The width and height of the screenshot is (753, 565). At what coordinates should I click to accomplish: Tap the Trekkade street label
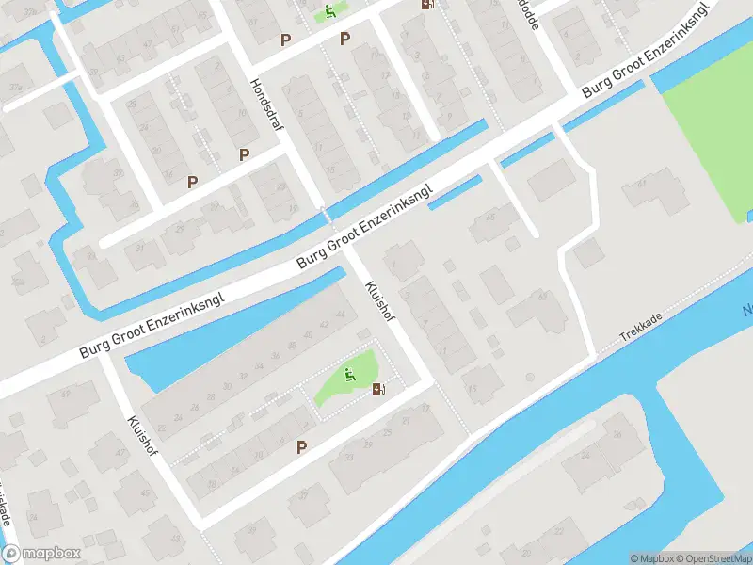pyautogui.click(x=642, y=327)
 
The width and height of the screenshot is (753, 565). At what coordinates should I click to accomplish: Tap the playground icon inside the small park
pyautogui.click(x=350, y=376)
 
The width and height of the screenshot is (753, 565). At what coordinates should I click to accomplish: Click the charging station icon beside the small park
pyautogui.click(x=379, y=390)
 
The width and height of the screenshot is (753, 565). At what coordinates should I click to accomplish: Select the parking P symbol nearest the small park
pyautogui.click(x=302, y=447)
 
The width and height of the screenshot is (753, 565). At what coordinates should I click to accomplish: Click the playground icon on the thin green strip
pyautogui.click(x=329, y=12)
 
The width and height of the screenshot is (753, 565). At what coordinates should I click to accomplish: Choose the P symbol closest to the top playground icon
pyautogui.click(x=345, y=40)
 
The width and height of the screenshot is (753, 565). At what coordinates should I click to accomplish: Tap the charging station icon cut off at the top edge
pyautogui.click(x=428, y=4)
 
